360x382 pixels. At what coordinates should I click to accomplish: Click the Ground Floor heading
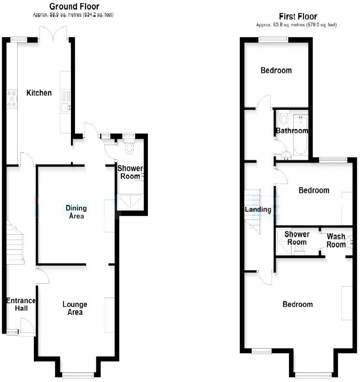[x=74, y=6]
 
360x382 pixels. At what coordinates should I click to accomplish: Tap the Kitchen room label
[x=39, y=93]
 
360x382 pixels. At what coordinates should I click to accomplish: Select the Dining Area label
[x=76, y=212]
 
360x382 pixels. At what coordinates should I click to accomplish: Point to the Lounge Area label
[x=75, y=308]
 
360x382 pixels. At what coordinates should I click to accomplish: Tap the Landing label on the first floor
[x=258, y=210]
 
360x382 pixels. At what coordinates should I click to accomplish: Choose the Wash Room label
[x=336, y=240]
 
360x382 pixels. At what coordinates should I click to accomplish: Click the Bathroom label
[x=292, y=131]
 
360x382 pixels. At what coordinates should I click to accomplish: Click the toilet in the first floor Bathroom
[x=284, y=118]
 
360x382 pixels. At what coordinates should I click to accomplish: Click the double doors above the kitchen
[x=55, y=32]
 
